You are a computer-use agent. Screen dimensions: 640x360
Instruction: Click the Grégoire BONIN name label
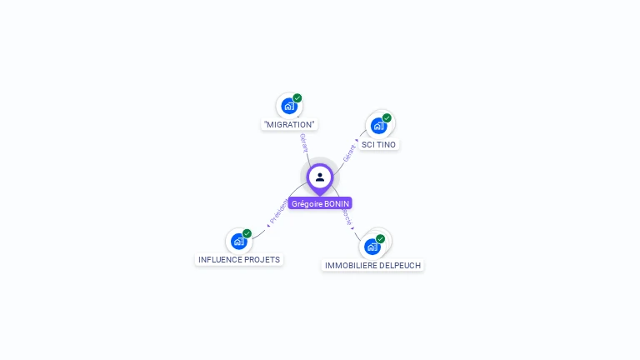pyautogui.click(x=320, y=203)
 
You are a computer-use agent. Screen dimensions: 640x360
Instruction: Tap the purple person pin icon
pyautogui.click(x=320, y=177)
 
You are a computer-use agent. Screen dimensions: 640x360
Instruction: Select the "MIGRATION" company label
pyautogui.click(x=289, y=125)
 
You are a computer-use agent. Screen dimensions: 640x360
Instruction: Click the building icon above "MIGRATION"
pyautogui.click(x=288, y=107)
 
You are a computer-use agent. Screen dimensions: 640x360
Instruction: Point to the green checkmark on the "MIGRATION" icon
pyautogui.click(x=297, y=98)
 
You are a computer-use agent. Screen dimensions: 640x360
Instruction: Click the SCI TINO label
pyautogui.click(x=379, y=144)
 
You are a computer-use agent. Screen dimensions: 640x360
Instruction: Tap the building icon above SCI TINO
pyautogui.click(x=378, y=126)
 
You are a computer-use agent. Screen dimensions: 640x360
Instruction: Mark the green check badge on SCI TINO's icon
pyautogui.click(x=387, y=118)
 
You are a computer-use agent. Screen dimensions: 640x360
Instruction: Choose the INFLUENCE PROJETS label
pyautogui.click(x=239, y=259)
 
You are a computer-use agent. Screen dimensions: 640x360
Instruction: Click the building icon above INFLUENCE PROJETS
pyautogui.click(x=239, y=242)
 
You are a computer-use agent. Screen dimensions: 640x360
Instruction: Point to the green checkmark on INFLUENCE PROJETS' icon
pyautogui.click(x=247, y=233)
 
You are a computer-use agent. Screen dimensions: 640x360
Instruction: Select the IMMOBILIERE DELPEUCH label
pyautogui.click(x=372, y=265)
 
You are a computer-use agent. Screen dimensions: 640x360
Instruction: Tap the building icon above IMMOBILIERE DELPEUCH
pyautogui.click(x=372, y=247)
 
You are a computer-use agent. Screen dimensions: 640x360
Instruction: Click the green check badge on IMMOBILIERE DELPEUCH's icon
pyautogui.click(x=381, y=239)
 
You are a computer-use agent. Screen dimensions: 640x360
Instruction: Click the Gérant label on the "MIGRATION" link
pyautogui.click(x=304, y=142)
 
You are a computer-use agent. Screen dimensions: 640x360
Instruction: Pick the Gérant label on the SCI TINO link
pyautogui.click(x=349, y=152)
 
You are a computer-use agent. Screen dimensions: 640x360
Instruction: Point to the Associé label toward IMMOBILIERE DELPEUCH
pyautogui.click(x=347, y=218)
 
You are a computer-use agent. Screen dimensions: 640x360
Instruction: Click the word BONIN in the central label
pyautogui.click(x=337, y=203)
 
